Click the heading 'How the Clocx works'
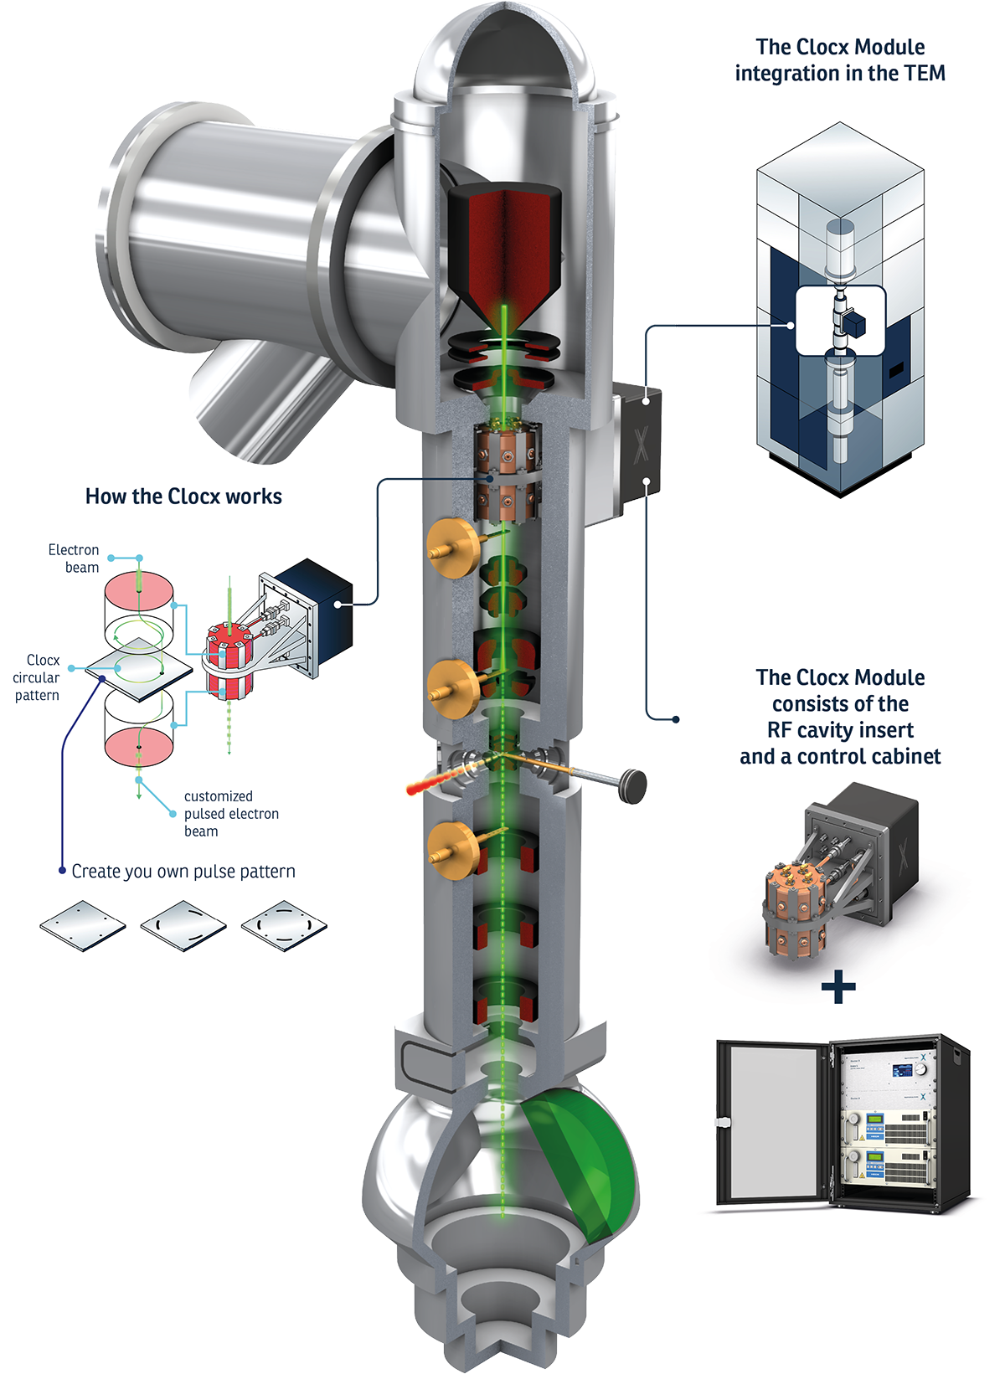click(183, 497)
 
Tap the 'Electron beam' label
click(74, 558)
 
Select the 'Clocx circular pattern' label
click(37, 677)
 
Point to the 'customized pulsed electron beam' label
click(230, 813)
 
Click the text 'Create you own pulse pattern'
click(183, 872)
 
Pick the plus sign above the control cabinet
click(838, 987)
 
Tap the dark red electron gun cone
click(504, 251)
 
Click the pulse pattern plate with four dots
click(83, 925)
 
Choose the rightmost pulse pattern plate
click(284, 925)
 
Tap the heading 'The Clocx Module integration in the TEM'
click(840, 60)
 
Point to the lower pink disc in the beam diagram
click(139, 745)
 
